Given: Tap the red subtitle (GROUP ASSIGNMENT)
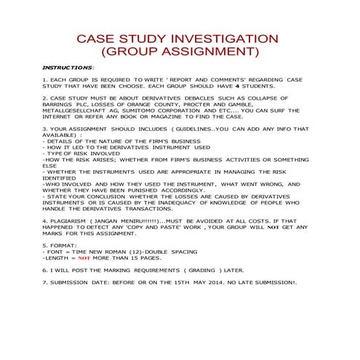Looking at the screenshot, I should pyautogui.click(x=180, y=52).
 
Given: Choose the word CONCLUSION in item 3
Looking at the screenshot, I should pyautogui.click(x=100, y=196).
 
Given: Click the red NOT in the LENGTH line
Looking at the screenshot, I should pyautogui.click(x=84, y=258).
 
